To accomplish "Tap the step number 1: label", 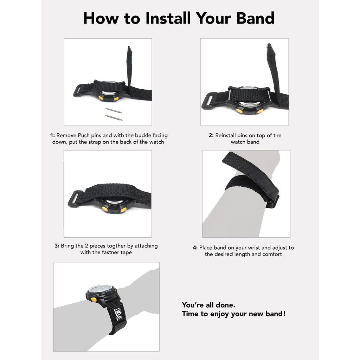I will click(x=53, y=135).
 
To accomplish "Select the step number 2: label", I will click(x=211, y=135).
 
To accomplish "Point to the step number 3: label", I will click(x=57, y=246).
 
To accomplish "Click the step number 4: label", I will click(x=195, y=247).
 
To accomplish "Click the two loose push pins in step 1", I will click(x=114, y=114).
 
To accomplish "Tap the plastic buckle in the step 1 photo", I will click(x=78, y=91).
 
